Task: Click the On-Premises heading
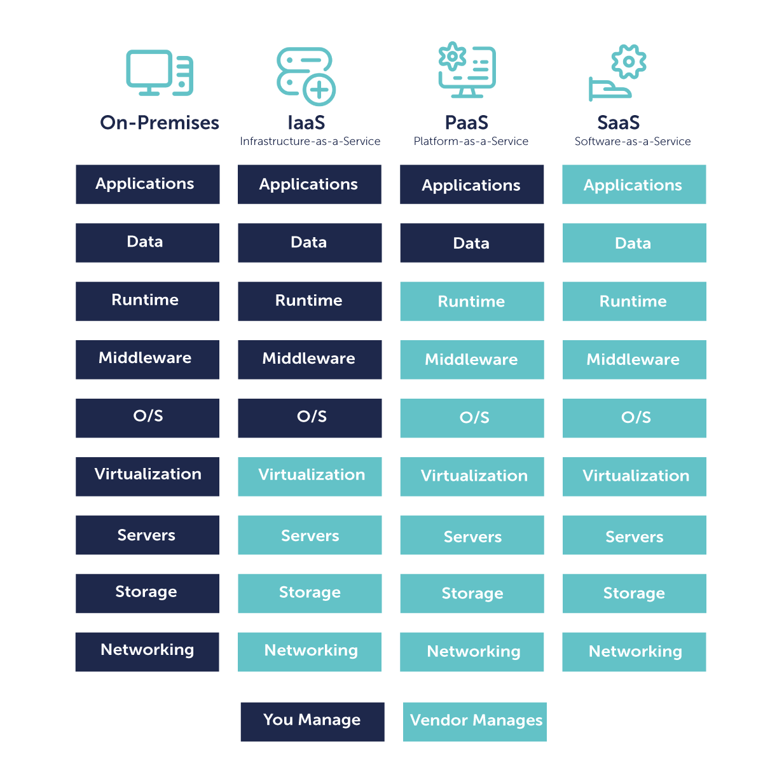160,122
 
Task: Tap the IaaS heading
306,122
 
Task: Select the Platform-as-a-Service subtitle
471,141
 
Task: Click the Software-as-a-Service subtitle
633,141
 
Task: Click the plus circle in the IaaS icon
319,90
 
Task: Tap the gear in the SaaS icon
628,62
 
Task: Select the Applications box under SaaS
634,184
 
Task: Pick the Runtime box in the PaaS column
472,301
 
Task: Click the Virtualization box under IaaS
310,476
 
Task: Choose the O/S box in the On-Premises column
148,418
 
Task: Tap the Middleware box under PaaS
472,360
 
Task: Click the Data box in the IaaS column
310,242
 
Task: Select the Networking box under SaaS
634,652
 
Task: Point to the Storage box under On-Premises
148,593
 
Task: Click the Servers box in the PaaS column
472,535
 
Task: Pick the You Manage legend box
312,722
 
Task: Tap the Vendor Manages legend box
475,722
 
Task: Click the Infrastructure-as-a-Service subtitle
310,141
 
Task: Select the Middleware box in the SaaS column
634,360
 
